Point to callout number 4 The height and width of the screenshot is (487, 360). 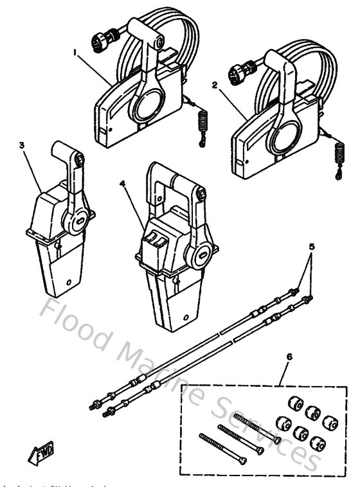122,183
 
